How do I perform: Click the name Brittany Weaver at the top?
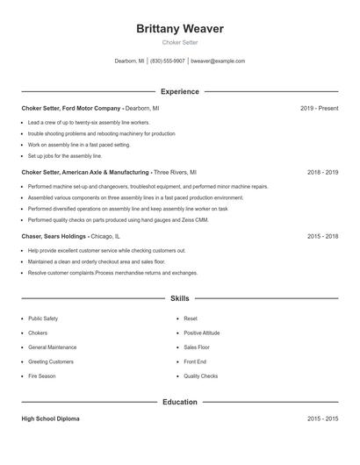180,29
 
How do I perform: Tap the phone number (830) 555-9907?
168,61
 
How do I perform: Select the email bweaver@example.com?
218,61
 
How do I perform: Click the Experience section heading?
180,91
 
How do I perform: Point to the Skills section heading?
180,299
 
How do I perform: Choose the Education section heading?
180,402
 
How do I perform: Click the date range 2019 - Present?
319,108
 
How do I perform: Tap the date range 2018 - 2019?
322,173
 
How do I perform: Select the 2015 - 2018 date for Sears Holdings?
322,237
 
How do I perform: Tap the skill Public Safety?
43,318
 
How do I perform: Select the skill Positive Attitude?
203,333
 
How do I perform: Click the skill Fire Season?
41,376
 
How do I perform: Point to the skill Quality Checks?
201,376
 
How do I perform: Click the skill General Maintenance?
53,347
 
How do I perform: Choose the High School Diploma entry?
50,418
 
